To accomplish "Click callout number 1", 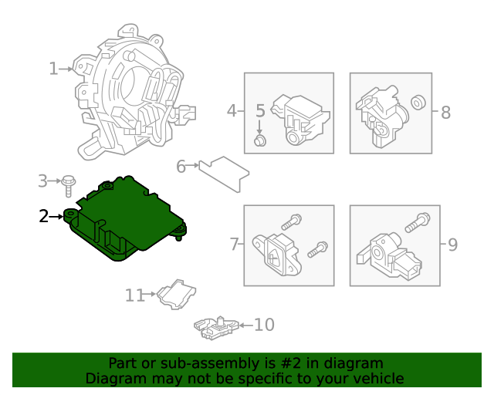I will tap(53, 69).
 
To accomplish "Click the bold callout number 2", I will tap(44, 216).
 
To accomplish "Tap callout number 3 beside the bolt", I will tap(42, 181).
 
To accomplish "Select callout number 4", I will tap(232, 112).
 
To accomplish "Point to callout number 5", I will tap(260, 111).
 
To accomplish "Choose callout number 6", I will tap(181, 166).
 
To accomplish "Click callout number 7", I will tap(235, 245).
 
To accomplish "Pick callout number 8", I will tap(445, 113).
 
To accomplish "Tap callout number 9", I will tap(452, 245).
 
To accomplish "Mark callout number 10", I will tap(263, 325).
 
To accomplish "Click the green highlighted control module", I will tap(127, 216).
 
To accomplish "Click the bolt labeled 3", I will tap(69, 184).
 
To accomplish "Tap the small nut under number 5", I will tap(261, 140).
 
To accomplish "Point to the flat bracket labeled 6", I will tap(224, 171).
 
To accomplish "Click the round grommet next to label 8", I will tap(418, 101).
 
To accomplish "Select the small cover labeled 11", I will tap(176, 295).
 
